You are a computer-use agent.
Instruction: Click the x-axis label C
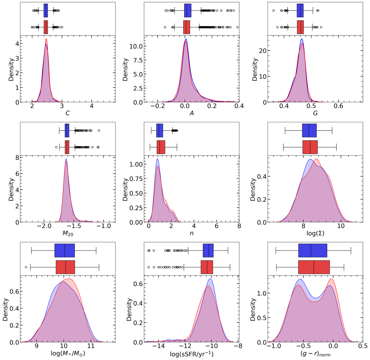[x=68, y=113]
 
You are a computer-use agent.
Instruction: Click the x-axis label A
[x=191, y=113]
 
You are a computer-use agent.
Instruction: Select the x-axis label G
[x=315, y=113]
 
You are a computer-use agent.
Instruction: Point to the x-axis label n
[x=191, y=233]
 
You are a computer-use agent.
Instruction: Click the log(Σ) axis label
[x=315, y=233]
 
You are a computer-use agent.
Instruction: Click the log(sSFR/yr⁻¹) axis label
[x=191, y=354]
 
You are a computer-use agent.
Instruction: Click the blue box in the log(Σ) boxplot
[x=309, y=131]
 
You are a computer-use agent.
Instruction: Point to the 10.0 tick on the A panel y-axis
[x=137, y=47]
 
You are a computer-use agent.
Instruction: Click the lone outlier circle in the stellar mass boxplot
[x=26, y=267]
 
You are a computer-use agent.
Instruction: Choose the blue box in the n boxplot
[x=160, y=131]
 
